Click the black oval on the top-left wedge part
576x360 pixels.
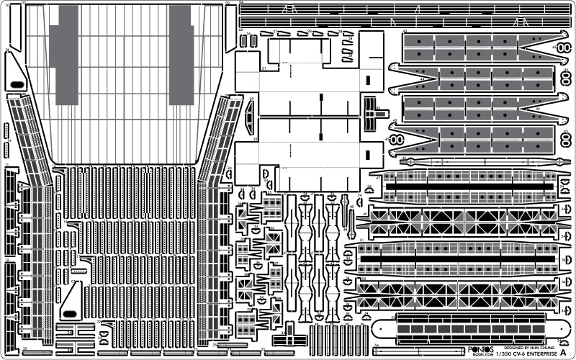[x=16, y=85]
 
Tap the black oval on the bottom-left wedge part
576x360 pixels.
[x=70, y=312]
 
